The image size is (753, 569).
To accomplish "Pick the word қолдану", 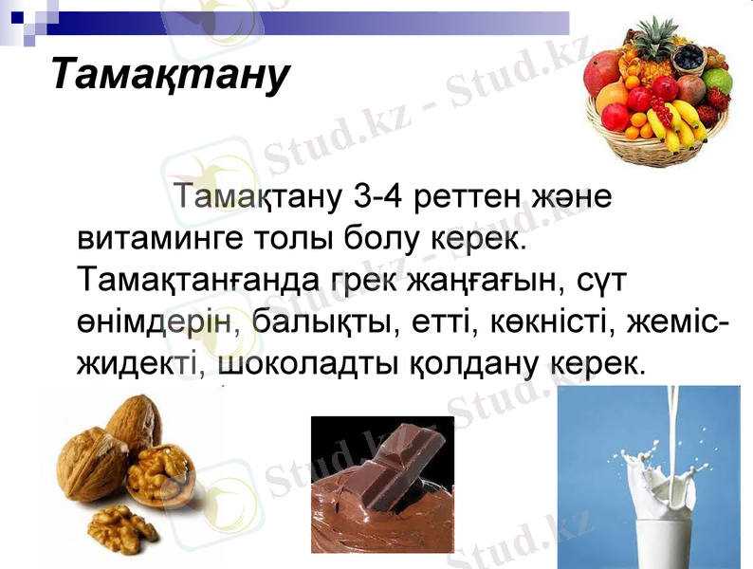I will (x=475, y=362).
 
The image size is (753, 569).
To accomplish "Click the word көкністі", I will (x=548, y=321).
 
